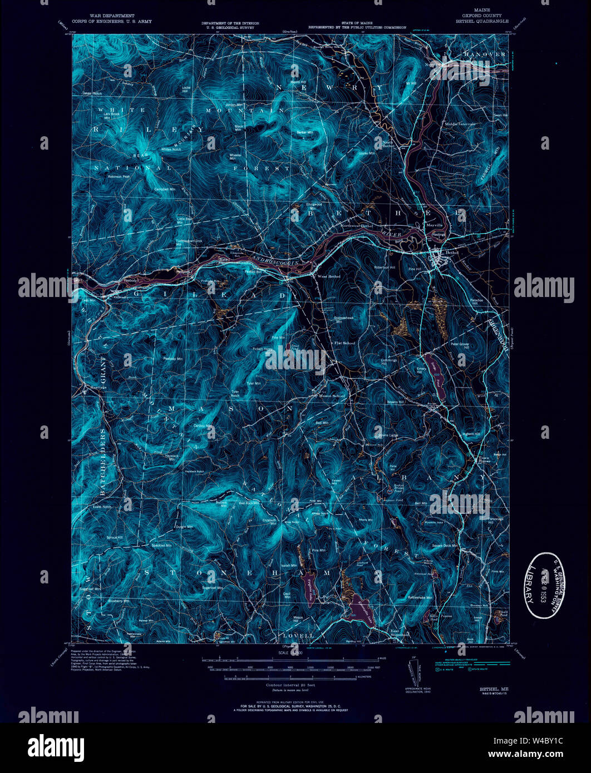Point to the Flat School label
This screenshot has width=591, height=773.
(x=344, y=343)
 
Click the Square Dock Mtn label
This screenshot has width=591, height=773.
(x=444, y=546)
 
